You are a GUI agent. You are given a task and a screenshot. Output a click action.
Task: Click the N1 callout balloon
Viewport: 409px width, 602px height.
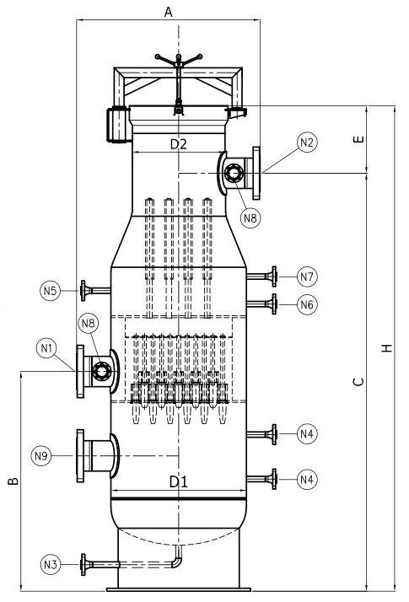click(x=46, y=348)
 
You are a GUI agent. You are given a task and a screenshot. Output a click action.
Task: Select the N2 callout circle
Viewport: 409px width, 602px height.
click(x=307, y=142)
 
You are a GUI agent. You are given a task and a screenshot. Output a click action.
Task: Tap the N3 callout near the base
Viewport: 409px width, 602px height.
click(x=51, y=564)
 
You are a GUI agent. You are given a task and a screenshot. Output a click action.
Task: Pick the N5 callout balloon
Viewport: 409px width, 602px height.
click(x=50, y=291)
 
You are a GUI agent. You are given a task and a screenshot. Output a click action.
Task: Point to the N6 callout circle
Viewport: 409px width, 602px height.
click(x=307, y=305)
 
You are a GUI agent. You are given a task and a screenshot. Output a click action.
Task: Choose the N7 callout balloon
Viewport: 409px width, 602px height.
click(x=307, y=277)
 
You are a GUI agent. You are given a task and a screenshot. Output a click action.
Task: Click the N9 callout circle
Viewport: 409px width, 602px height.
click(x=40, y=456)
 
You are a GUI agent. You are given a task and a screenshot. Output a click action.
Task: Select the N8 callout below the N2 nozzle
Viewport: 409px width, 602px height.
click(x=250, y=218)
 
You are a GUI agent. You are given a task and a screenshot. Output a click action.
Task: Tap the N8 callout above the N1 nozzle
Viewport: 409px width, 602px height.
click(x=88, y=323)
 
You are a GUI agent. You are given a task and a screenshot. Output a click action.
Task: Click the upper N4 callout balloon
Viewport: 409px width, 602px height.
click(x=307, y=434)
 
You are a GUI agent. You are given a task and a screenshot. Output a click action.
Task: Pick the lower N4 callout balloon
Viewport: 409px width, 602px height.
click(x=307, y=479)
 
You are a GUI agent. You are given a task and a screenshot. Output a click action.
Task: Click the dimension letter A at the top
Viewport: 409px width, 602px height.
click(x=168, y=12)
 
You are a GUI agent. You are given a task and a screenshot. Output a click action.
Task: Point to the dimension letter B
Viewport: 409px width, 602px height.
click(x=13, y=481)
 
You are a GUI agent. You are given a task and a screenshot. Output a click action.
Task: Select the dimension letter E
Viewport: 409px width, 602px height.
click(x=358, y=139)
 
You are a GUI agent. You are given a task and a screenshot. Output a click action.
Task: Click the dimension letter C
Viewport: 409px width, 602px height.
click(x=358, y=381)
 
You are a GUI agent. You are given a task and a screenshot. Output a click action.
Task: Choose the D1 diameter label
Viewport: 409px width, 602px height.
click(x=179, y=481)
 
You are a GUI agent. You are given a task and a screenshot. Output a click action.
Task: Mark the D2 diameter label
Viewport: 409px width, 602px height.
click(x=179, y=144)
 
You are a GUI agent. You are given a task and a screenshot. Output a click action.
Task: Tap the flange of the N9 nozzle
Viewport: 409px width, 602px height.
click(x=80, y=456)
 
